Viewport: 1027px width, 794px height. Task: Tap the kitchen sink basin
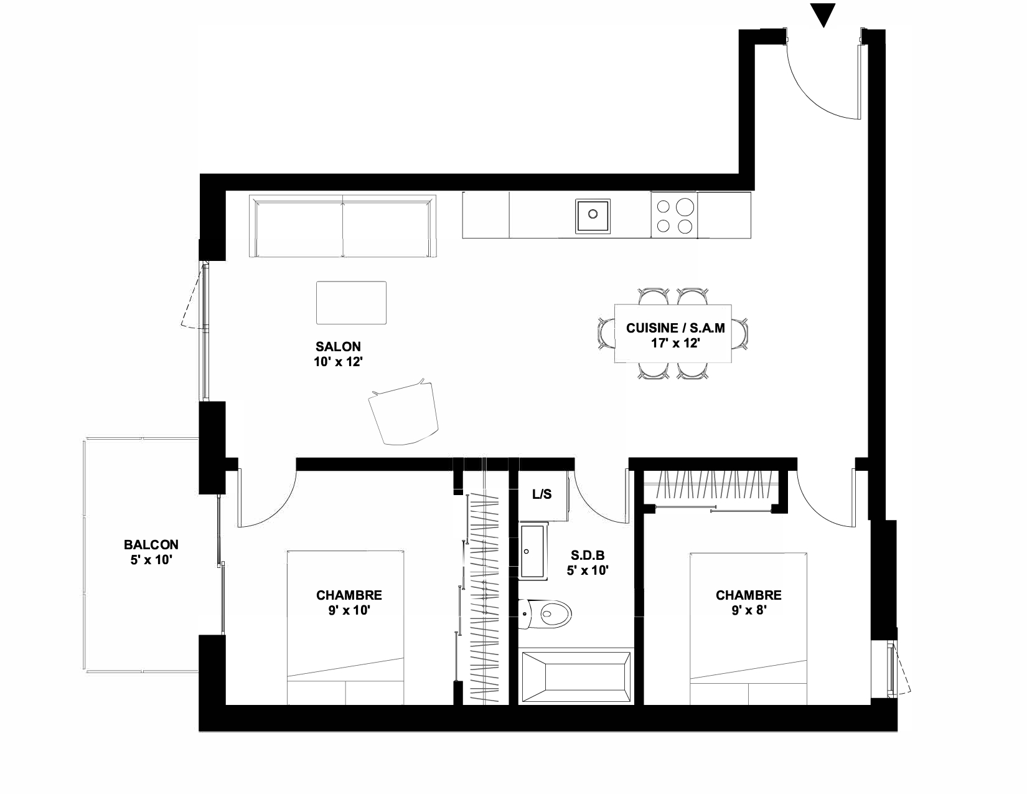point(592,215)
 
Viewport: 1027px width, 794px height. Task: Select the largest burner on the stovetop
point(685,207)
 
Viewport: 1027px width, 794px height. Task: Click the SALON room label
point(338,347)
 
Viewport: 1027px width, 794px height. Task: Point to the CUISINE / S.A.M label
point(675,328)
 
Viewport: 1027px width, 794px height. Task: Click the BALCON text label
point(151,545)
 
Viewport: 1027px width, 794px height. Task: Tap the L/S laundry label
point(542,494)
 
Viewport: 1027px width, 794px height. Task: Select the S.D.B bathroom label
point(588,555)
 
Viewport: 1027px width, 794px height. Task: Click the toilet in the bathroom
point(545,614)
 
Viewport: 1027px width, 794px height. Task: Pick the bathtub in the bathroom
point(576,677)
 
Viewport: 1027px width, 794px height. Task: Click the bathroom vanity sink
point(533,551)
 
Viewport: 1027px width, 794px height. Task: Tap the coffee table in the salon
point(351,303)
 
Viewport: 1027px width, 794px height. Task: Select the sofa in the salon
point(343,226)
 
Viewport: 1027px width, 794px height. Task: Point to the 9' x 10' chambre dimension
point(349,610)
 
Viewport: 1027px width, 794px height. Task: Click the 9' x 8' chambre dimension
point(749,610)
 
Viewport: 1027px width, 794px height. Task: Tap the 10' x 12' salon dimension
point(338,362)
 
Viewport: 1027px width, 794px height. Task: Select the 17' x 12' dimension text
point(675,343)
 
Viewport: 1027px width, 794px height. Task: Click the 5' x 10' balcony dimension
point(151,560)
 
